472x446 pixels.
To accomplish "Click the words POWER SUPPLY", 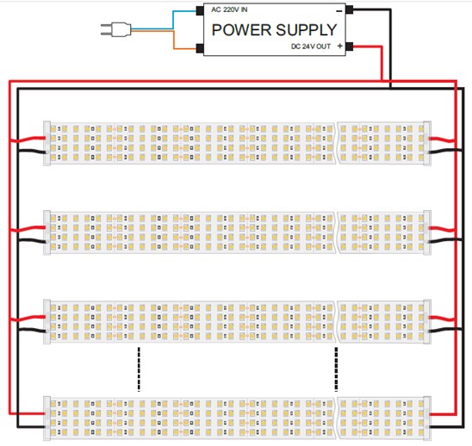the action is pos(274,30).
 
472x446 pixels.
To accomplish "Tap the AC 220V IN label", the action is pos(229,9).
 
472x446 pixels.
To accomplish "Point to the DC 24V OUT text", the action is pos(311,46).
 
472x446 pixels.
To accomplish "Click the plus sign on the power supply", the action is pos(340,46).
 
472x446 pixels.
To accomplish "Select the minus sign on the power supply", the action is pos(339,11).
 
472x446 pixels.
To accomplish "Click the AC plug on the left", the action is pos(116,30).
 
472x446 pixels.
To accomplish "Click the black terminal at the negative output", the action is pos(349,9).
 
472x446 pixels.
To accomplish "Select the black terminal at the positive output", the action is pos(349,46).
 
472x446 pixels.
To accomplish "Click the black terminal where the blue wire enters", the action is pos(200,11).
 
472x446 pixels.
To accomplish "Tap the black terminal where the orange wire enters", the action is pos(200,48).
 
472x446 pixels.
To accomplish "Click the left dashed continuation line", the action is pos(139,369).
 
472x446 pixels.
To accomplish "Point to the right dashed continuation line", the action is pos(336,369).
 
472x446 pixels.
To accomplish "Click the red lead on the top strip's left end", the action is pos(28,139).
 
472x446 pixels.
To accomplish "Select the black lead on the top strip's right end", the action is pos(445,151).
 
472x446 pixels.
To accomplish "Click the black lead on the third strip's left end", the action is pos(33,330).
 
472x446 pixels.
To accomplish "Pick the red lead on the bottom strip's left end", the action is pos(28,413).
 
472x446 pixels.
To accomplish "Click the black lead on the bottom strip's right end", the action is pos(445,426).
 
